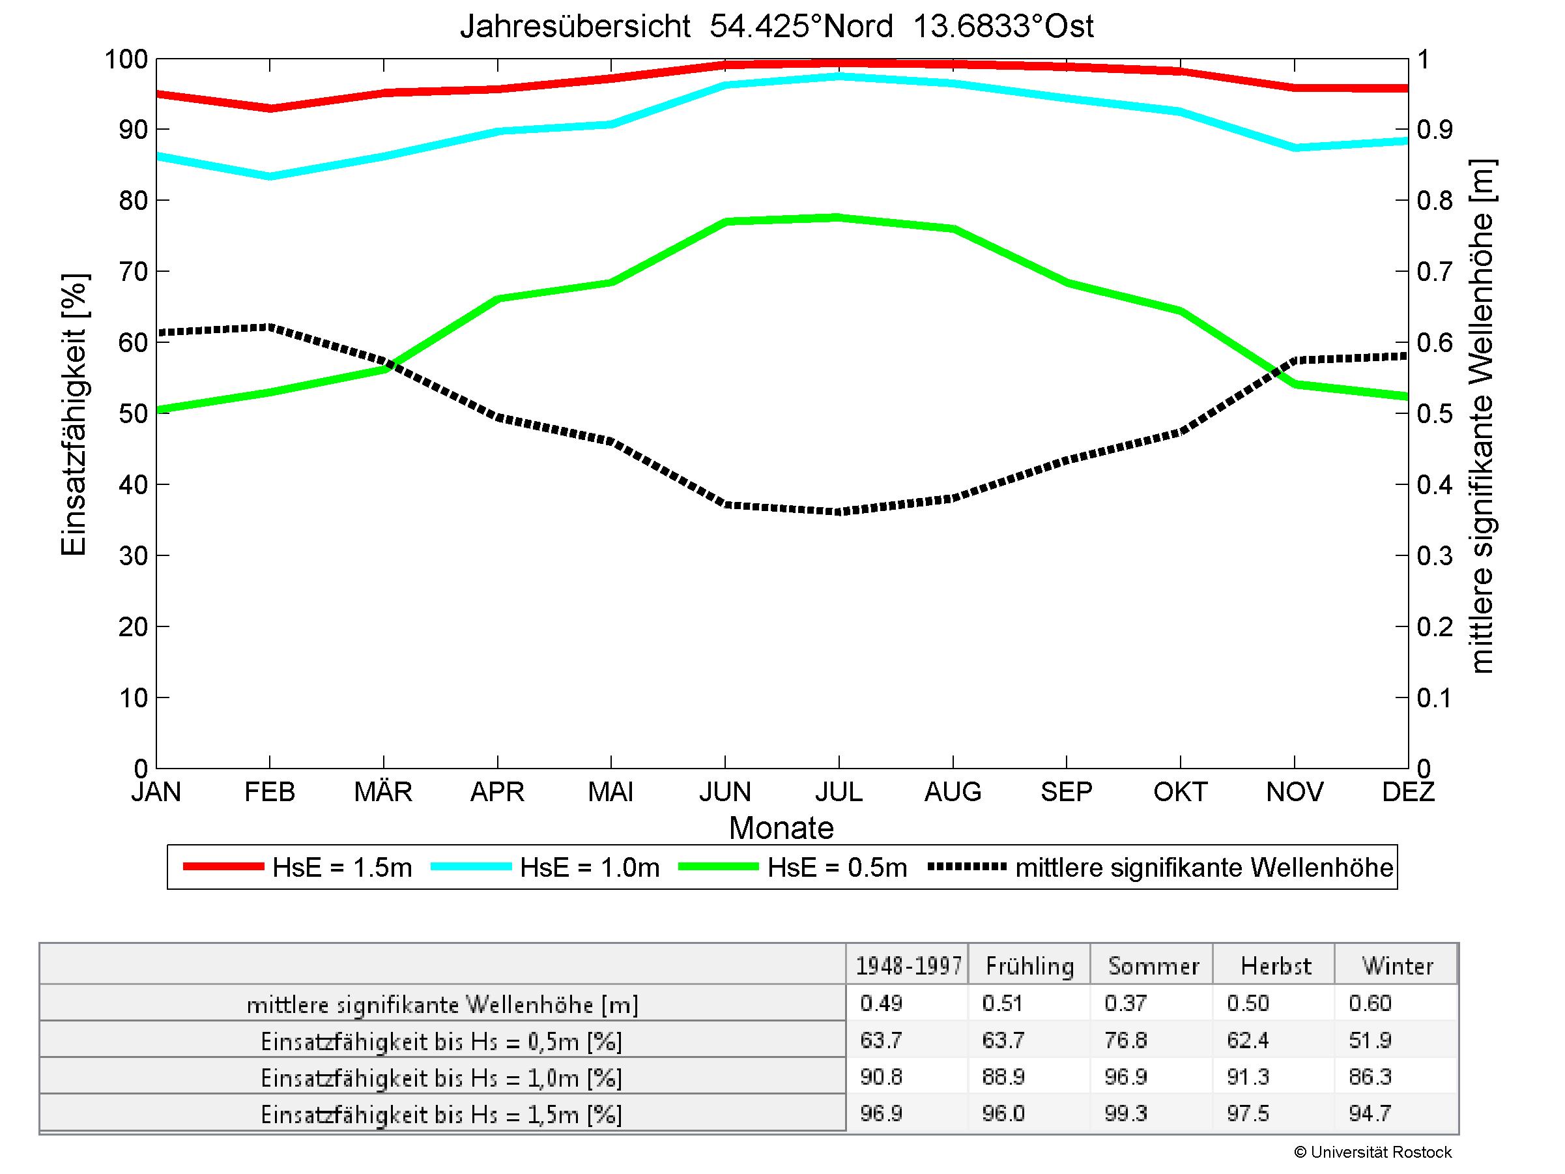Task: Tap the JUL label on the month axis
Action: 839,791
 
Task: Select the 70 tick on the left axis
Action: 133,272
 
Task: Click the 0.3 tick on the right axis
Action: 1434,556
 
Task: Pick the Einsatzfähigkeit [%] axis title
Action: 74,415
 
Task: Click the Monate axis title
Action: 781,828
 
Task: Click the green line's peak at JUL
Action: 839,217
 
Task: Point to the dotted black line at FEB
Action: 270,327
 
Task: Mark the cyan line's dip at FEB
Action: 270,176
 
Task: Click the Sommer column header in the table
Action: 1153,966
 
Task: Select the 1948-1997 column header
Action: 908,966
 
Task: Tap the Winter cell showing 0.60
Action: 1370,1003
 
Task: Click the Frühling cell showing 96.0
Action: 1003,1114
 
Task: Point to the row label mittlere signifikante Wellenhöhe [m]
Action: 442,1005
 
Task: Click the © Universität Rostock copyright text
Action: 1373,1152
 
